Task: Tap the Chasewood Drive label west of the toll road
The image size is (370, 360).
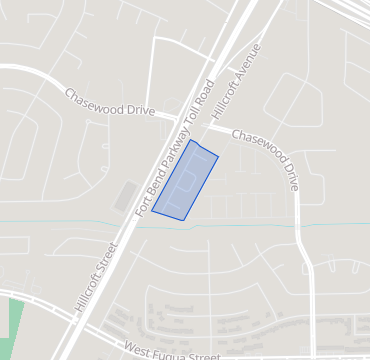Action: pyautogui.click(x=109, y=103)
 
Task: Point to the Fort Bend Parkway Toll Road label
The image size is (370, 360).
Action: pyautogui.click(x=176, y=140)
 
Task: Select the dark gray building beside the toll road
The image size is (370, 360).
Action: pyautogui.click(x=125, y=196)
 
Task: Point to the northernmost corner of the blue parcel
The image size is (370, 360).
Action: pyautogui.click(x=190, y=140)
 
